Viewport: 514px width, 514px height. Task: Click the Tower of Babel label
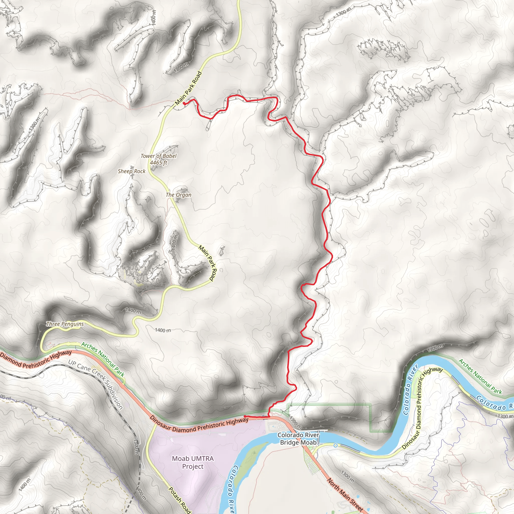[159, 156]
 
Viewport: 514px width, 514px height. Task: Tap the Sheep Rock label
[132, 171]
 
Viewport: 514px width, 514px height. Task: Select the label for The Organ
[178, 195]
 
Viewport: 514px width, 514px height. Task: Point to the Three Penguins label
[65, 324]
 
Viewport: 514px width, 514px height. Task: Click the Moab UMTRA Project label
[193, 462]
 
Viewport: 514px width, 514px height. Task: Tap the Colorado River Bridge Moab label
[298, 439]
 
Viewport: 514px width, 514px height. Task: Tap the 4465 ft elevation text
[159, 163]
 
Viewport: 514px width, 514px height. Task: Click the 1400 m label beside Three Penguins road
[163, 330]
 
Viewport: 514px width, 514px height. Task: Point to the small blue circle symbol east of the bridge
[336, 445]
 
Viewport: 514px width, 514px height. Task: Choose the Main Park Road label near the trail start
[188, 88]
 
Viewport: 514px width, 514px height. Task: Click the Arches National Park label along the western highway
[103, 359]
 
